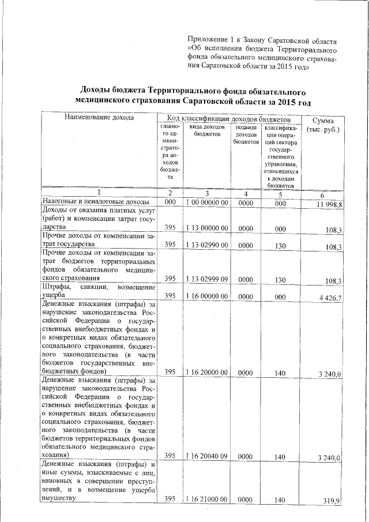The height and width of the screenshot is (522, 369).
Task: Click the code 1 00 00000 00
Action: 208,203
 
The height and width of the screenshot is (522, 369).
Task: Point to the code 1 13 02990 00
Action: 208,245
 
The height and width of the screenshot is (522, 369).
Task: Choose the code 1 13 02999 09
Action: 208,279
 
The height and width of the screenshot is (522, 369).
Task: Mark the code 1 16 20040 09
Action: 208,456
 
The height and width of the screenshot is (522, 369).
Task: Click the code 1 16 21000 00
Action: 208,498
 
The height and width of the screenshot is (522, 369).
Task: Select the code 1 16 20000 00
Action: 208,373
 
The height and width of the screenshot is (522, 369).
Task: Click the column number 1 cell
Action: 98,193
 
